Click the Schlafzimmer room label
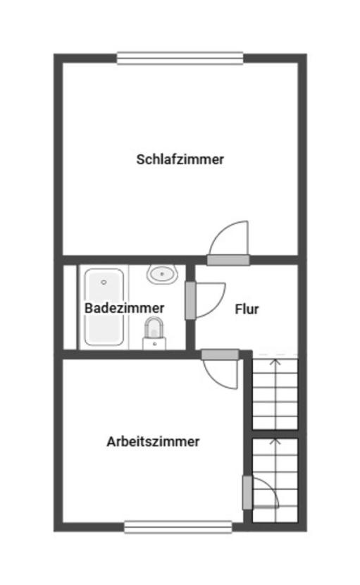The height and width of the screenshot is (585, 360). (180, 159)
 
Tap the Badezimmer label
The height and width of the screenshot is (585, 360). (125, 308)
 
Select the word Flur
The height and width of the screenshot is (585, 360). (247, 309)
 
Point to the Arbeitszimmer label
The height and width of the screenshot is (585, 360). (153, 442)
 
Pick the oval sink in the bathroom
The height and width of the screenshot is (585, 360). (163, 273)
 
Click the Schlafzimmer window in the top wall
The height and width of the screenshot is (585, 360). (180, 58)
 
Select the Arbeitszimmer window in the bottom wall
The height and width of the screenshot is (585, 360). (178, 526)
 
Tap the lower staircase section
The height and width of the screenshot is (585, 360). (275, 479)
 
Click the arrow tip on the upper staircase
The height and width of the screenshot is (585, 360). (275, 360)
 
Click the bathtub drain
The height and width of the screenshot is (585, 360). (104, 282)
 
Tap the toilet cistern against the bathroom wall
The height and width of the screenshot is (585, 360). (154, 344)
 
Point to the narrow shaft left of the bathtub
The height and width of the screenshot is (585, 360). (69, 307)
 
